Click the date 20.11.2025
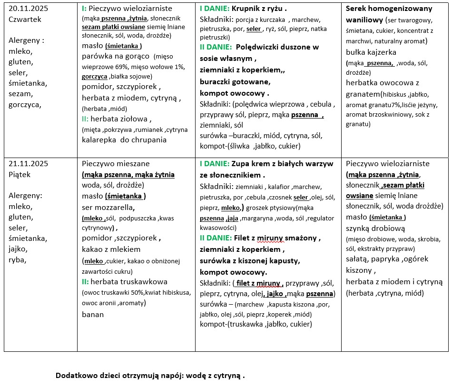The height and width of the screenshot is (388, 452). click(28, 8)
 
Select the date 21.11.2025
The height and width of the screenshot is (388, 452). click(28, 163)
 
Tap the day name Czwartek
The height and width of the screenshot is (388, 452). click(25, 19)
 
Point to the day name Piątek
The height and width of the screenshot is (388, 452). click(20, 174)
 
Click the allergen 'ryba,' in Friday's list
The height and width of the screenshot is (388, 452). click(18, 259)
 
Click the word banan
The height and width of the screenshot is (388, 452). click(93, 314)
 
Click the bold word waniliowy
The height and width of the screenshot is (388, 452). click(366, 19)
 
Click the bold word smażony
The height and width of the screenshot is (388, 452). click(304, 238)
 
